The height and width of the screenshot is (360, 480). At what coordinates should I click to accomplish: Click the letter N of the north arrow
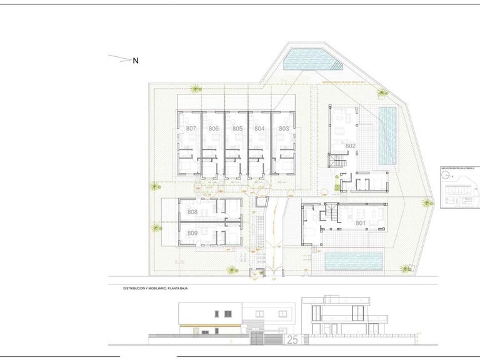135,61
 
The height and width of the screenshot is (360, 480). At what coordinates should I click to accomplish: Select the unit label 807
191,129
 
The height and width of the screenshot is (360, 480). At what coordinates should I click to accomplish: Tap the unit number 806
214,129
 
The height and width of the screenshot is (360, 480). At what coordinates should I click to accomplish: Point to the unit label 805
237,129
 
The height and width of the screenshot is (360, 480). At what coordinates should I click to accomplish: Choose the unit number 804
259,129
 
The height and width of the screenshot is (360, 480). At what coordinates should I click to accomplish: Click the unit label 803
284,129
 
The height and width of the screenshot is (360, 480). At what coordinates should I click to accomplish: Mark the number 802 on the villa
350,146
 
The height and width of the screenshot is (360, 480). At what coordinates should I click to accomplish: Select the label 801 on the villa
360,223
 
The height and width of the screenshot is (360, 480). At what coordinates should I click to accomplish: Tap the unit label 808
192,212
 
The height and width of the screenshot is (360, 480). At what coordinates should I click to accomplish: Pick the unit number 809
192,233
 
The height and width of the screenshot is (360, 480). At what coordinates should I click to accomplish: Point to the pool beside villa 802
387,136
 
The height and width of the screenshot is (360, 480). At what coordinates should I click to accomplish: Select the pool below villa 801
354,261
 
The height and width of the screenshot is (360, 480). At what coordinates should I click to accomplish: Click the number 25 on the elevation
292,339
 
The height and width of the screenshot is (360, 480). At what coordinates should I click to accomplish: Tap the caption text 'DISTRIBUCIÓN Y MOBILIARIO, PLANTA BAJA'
156,289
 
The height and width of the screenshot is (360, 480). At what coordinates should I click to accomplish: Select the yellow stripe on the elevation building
209,326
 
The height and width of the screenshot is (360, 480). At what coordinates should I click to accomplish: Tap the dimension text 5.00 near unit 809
181,262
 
